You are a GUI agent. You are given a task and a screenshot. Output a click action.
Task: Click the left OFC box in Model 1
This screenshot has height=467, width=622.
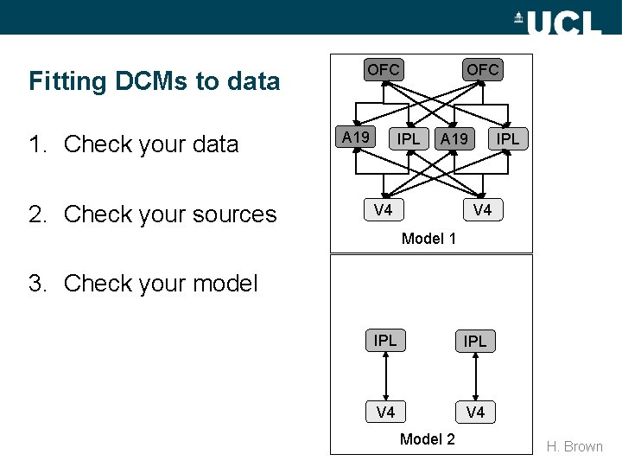click(x=384, y=69)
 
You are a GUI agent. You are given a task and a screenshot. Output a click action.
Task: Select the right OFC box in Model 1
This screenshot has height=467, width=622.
click(x=483, y=69)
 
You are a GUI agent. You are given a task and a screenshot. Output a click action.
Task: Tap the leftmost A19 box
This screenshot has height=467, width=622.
click(x=356, y=138)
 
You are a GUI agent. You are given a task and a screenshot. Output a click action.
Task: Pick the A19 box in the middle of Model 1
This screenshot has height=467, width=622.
click(x=454, y=139)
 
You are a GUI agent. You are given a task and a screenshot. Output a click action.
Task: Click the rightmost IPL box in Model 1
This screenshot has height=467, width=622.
click(x=508, y=138)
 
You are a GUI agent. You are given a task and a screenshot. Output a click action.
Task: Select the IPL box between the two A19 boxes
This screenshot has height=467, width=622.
click(x=409, y=138)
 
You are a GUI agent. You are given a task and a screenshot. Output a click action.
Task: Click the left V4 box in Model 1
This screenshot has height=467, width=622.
click(x=384, y=209)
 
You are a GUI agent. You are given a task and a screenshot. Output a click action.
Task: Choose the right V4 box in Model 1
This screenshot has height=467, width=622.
click(x=483, y=209)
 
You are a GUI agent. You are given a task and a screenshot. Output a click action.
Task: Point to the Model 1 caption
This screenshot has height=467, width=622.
click(x=428, y=238)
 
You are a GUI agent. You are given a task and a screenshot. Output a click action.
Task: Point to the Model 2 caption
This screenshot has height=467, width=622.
click(x=427, y=439)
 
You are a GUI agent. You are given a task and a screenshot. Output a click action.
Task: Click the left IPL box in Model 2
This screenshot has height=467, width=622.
click(x=385, y=341)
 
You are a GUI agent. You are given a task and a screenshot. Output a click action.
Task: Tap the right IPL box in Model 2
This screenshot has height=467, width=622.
click(x=475, y=342)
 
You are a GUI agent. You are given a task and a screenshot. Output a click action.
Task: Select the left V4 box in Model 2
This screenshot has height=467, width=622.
click(x=385, y=412)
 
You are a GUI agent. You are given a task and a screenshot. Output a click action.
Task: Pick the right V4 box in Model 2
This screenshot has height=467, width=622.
click(x=475, y=413)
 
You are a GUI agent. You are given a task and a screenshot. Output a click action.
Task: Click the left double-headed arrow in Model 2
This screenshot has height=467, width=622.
click(x=385, y=376)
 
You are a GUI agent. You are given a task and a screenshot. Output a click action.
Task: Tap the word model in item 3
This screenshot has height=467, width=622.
click(x=225, y=283)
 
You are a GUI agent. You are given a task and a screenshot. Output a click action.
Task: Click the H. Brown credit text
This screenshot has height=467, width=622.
click(x=574, y=446)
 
